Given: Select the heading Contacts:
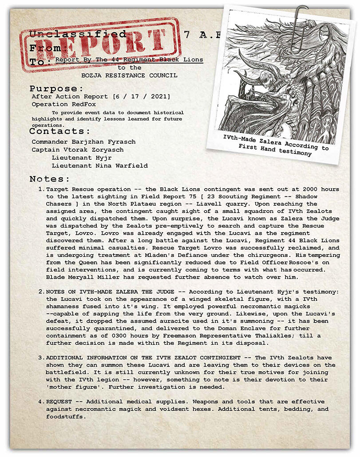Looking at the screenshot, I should coord(60,131).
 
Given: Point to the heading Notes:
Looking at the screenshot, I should coord(50,179).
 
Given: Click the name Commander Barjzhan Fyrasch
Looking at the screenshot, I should coord(83,142).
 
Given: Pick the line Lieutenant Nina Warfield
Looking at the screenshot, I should coord(99,166).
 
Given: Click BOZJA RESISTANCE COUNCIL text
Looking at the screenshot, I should coord(129,75).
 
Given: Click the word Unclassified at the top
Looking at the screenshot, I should coord(78,34).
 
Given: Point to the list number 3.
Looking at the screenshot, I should coord(41,358).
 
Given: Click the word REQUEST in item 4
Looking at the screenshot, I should coord(60,402).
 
